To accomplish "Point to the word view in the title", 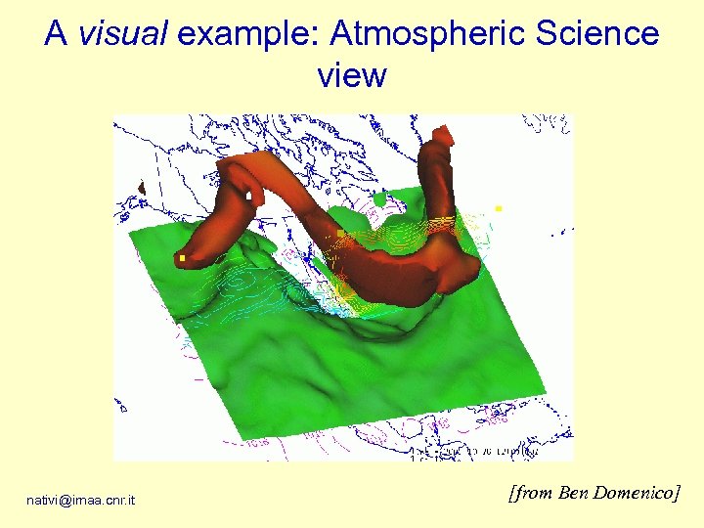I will pos(352,75).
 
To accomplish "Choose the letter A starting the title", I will pos(55,35).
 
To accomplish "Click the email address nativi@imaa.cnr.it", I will pos(81,501).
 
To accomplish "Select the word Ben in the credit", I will pos(572,493).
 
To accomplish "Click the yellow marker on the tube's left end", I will pos(182,258).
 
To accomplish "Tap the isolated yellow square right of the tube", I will pos(499,208).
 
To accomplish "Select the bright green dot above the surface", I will pos(379,199).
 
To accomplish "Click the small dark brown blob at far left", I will pos(142,187).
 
